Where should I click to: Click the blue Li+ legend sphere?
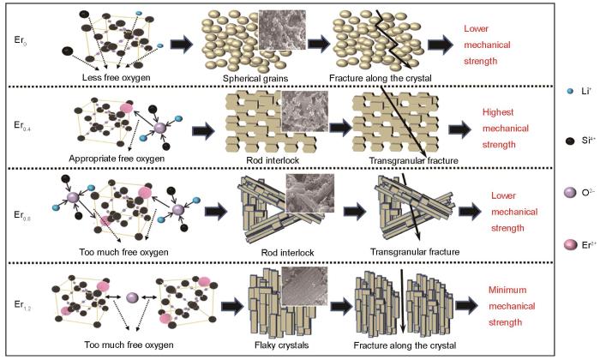[571, 91]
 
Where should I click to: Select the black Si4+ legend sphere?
[570, 141]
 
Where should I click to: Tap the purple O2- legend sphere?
[570, 193]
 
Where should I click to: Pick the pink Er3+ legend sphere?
[571, 245]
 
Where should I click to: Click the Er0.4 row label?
[22, 126]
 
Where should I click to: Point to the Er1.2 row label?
[23, 304]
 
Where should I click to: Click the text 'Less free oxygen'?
[117, 77]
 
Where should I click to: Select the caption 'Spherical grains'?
[255, 78]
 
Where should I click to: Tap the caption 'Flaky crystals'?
[281, 345]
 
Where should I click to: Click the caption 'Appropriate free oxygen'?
[117, 159]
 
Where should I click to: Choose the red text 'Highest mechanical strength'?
[505, 129]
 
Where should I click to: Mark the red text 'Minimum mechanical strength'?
[512, 306]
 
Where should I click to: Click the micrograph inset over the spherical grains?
[282, 30]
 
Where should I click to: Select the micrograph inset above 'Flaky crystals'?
[304, 286]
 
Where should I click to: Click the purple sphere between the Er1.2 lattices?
[133, 297]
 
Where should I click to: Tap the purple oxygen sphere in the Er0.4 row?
[160, 128]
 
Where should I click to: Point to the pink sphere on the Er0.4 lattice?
[127, 107]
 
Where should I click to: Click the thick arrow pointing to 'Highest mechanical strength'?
[459, 129]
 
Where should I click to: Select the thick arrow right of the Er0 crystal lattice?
[182, 44]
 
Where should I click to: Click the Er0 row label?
[21, 40]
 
